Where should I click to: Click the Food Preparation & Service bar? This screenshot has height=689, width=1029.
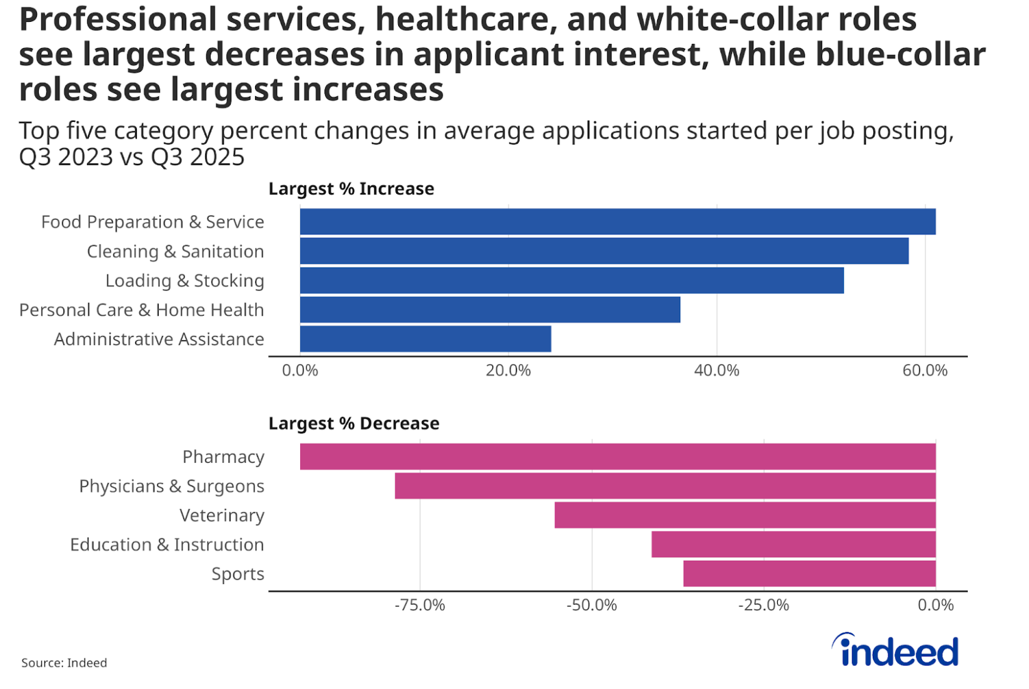point(618,222)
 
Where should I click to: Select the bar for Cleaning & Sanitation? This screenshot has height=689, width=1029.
point(604,251)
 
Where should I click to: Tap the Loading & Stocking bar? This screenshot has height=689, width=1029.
point(571,281)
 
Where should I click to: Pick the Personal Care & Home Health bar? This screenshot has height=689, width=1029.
point(490,310)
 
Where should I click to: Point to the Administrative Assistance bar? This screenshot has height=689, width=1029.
point(425,339)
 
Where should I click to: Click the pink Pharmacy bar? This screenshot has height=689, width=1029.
point(618,457)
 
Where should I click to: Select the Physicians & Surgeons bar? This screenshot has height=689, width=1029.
point(665,486)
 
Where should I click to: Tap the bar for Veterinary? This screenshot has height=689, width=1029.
point(745,515)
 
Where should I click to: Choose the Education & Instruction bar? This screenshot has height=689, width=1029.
point(793,545)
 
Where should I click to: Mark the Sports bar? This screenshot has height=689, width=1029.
point(810,574)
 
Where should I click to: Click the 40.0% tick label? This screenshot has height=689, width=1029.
point(716,371)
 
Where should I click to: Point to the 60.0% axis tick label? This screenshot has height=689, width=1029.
point(925,371)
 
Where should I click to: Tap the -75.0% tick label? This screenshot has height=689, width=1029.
point(419,605)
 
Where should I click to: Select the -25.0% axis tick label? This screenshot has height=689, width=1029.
point(763,605)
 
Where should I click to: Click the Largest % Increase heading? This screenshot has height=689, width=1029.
point(351,189)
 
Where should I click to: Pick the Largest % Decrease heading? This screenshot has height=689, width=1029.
point(354,424)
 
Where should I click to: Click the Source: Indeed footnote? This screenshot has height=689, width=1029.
point(64,663)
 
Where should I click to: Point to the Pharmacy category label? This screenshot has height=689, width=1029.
point(223,457)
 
